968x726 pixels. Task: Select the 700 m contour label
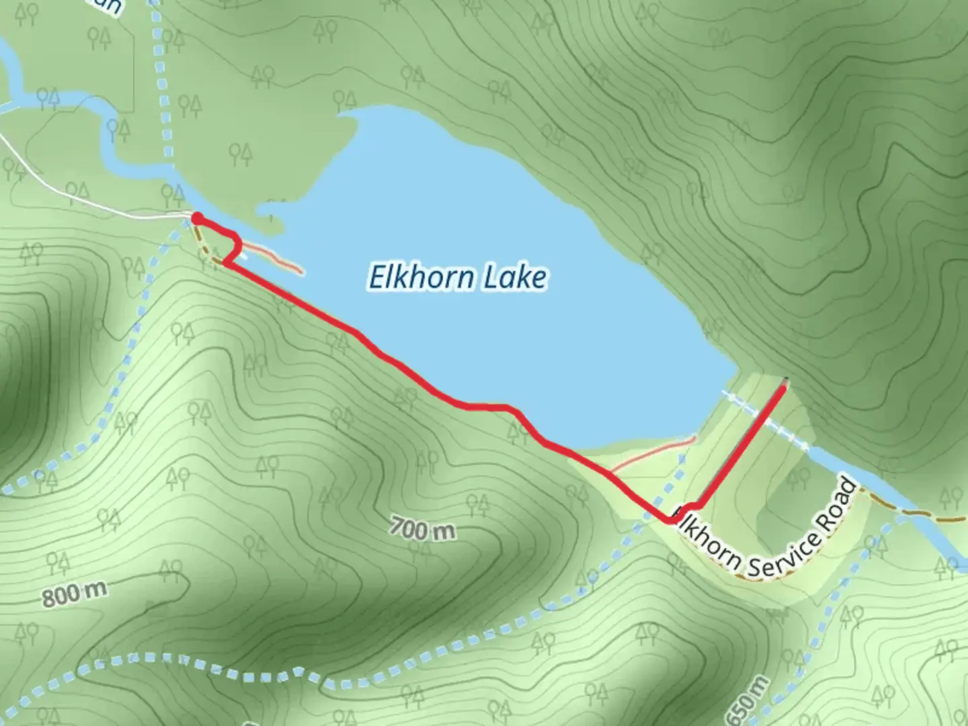click(x=422, y=530)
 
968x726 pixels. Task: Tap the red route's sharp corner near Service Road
click(x=671, y=519)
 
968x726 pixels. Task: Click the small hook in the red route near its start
click(x=235, y=249)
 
